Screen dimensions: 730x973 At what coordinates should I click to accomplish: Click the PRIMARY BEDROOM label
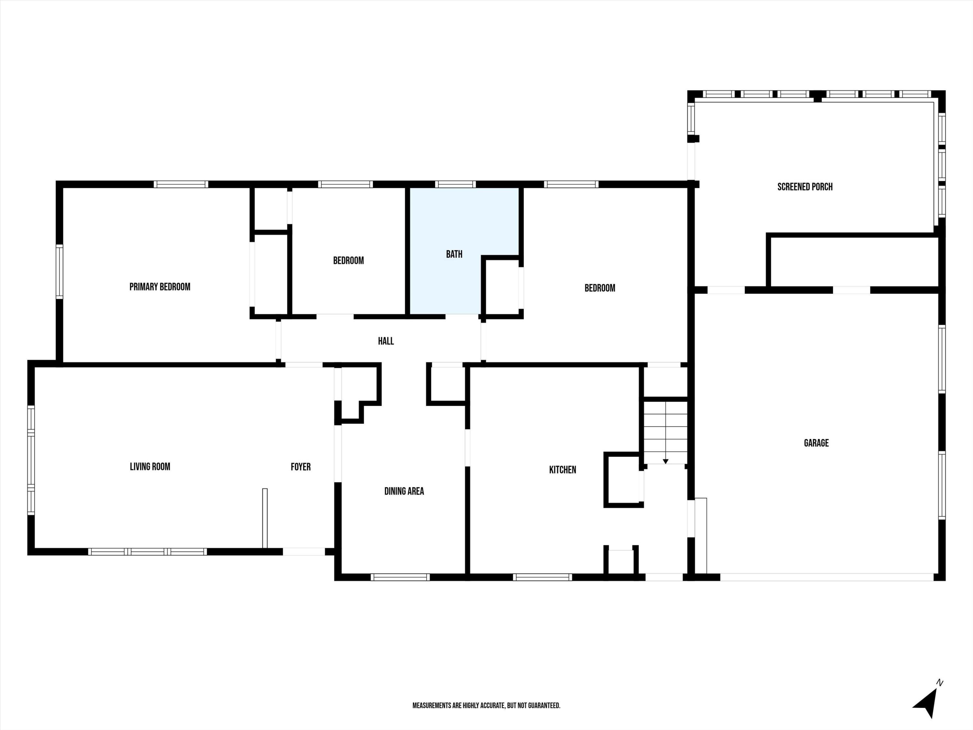160,287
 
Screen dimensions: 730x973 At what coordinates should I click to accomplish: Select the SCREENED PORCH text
805,187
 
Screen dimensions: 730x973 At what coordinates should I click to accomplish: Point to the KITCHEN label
562,469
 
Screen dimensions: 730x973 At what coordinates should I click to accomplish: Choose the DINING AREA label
404,491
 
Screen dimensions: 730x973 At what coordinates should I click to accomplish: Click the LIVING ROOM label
150,467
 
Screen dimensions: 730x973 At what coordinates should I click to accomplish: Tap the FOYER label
300,467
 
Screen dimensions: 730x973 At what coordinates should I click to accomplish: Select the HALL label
386,341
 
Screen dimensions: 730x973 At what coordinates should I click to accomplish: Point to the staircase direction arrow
666,460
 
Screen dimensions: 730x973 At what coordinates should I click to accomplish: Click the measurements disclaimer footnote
486,705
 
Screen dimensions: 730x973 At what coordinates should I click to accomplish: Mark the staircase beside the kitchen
666,431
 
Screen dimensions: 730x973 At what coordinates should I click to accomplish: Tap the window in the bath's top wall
455,184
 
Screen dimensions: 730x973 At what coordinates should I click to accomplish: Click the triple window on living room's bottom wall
147,551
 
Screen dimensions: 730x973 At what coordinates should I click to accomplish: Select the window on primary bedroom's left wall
59,272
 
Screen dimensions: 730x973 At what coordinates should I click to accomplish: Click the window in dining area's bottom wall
400,577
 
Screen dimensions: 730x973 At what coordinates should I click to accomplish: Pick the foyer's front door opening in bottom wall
304,551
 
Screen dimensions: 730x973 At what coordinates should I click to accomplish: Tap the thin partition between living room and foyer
265,518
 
